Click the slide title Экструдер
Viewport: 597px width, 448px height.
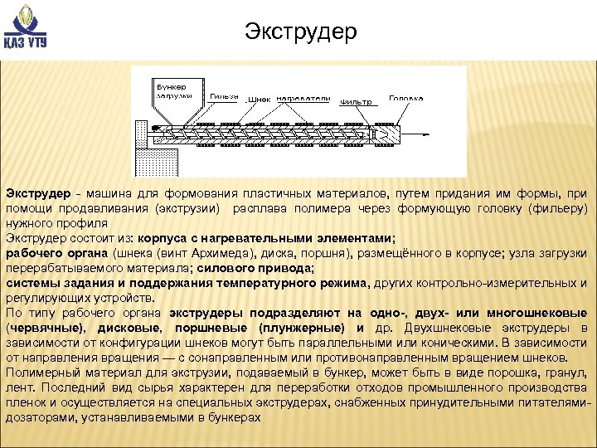(301, 32)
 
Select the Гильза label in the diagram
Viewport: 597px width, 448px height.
(222, 95)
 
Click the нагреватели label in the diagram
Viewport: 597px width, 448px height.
(303, 98)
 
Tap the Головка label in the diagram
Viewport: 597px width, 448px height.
(406, 97)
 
